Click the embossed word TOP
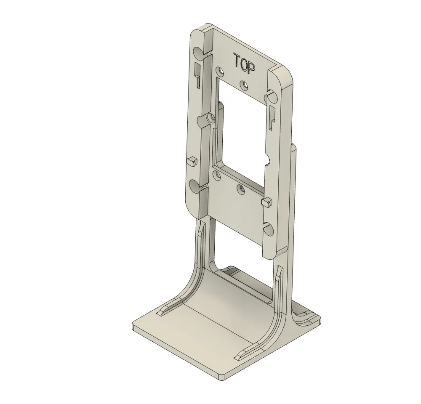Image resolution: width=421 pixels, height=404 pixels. tap(245, 63)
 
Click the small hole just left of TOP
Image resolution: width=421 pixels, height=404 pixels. tap(219, 71)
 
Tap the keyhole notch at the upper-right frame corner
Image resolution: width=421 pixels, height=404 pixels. tap(269, 97)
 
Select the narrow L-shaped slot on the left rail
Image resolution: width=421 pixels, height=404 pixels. tap(197, 75)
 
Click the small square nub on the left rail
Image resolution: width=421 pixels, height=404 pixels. tap(192, 161)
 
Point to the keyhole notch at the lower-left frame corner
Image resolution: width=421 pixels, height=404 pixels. tap(195, 186)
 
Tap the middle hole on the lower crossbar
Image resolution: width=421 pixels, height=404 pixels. tap(240, 189)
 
